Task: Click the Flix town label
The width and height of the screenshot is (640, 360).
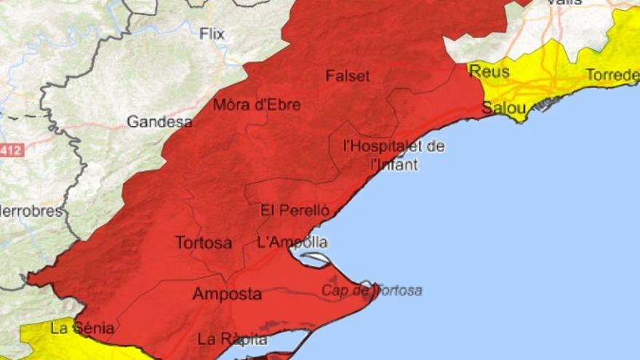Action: coord(212,33)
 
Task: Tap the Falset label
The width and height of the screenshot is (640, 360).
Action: coord(348,76)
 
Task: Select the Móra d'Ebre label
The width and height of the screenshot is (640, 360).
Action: coord(257,105)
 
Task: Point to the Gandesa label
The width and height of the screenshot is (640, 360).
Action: coord(159,121)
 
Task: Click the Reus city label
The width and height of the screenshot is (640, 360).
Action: coord(489,71)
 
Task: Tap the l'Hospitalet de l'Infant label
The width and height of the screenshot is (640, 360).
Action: coord(393,155)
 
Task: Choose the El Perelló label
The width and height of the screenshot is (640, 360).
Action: coord(295,211)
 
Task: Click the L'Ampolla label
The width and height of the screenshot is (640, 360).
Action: coord(292,242)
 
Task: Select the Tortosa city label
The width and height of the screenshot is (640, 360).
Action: coord(204,242)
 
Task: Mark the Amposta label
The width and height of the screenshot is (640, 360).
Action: coord(227,294)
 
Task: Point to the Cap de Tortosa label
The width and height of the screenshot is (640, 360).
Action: coord(372,291)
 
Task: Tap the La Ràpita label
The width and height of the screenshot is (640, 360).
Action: coord(233,339)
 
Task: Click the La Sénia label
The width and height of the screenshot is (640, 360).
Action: coord(82,328)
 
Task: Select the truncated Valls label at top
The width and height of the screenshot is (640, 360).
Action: coord(564,3)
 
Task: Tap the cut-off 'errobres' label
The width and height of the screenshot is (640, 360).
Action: coord(31,212)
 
